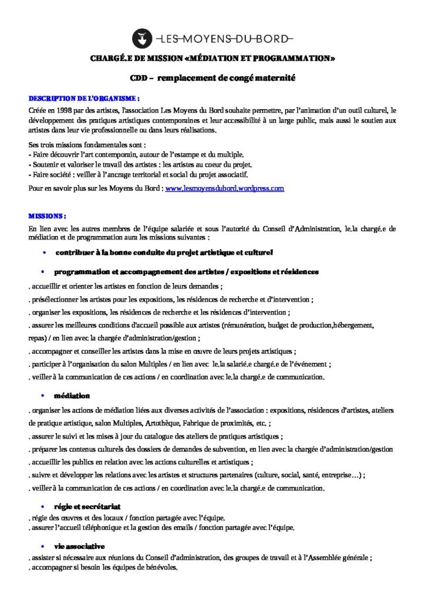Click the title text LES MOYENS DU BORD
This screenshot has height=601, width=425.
(223, 39)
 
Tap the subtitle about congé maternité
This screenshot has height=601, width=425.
(212, 77)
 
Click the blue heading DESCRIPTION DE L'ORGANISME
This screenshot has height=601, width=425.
(85, 97)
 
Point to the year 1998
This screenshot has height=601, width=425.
(68, 110)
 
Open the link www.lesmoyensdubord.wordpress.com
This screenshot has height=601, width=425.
(225, 188)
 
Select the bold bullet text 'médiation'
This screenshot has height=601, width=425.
(72, 396)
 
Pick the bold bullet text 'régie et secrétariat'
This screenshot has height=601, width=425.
(87, 506)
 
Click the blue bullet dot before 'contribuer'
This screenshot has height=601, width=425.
(44, 252)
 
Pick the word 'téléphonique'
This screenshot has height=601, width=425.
(106, 527)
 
